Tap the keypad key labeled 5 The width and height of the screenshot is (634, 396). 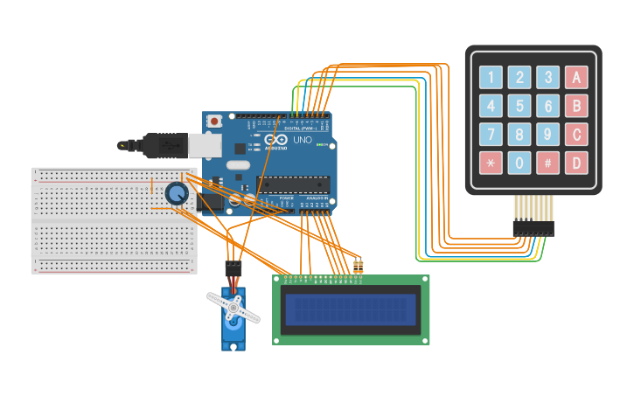pyautogui.click(x=519, y=107)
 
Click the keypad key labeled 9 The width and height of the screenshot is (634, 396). pyautogui.click(x=547, y=135)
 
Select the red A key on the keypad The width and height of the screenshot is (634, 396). pyautogui.click(x=576, y=78)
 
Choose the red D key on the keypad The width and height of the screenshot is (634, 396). pyautogui.click(x=576, y=163)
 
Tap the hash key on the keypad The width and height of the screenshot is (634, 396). pyautogui.click(x=547, y=163)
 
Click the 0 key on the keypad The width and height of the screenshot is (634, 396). pyautogui.click(x=519, y=163)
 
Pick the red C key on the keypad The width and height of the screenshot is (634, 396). pyautogui.click(x=576, y=135)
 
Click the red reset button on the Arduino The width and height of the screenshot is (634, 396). pyautogui.click(x=214, y=122)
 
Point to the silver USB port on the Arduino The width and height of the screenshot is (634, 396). pyautogui.click(x=205, y=145)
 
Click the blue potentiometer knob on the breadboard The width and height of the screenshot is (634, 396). pyautogui.click(x=177, y=194)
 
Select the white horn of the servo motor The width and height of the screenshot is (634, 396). pyautogui.click(x=233, y=308)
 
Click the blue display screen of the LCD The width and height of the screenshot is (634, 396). pyautogui.click(x=351, y=309)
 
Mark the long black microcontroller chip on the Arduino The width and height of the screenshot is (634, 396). pyautogui.click(x=293, y=184)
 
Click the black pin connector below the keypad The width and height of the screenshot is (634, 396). pyautogui.click(x=533, y=228)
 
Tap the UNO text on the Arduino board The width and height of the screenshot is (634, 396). pyautogui.click(x=302, y=140)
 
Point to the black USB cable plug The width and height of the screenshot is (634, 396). pyautogui.click(x=163, y=145)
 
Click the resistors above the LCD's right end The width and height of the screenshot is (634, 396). pyautogui.click(x=358, y=265)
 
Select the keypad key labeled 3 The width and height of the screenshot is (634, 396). pyautogui.click(x=547, y=78)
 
